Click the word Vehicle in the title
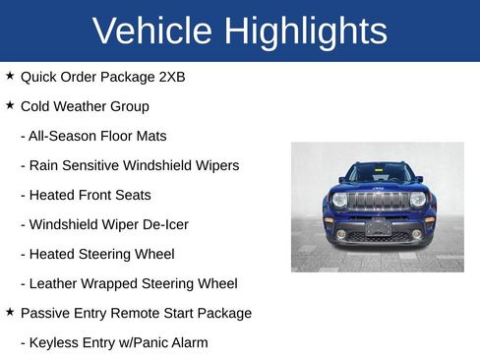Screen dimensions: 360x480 point(152,31)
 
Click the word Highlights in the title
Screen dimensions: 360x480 point(305,31)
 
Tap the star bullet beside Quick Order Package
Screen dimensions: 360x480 point(10,76)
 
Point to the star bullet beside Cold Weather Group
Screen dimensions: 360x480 point(10,105)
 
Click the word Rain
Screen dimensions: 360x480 point(45,165)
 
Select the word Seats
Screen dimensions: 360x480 point(131,195)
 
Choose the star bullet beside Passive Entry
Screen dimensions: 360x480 point(10,312)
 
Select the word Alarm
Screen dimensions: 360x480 point(187,342)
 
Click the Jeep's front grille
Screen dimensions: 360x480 point(378,201)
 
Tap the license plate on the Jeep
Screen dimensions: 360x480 point(378,228)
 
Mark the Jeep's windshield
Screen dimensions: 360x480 point(379,174)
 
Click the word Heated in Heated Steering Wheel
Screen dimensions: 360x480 point(54,254)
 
